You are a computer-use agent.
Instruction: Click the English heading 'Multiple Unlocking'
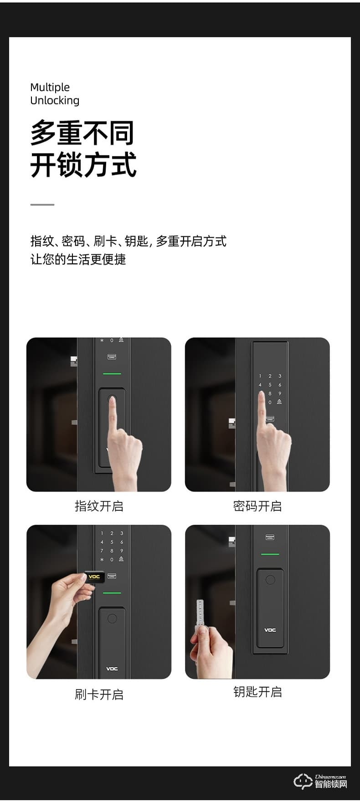55,94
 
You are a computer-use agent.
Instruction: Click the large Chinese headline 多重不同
82,133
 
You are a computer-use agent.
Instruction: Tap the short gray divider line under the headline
42,205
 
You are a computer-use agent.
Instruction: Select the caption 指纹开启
99,506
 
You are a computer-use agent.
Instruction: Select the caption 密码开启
257,506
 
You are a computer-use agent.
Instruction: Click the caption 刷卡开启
99,694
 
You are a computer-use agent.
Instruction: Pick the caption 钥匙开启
257,691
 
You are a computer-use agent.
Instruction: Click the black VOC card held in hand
95,577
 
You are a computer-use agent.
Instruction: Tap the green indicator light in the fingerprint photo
112,374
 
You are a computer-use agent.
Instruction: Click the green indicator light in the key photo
270,554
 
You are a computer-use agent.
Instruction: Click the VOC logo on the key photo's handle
270,630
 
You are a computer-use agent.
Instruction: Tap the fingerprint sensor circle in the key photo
270,579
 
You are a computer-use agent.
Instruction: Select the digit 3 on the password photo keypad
280,376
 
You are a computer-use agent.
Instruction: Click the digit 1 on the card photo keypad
102,533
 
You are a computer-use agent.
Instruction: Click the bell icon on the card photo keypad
121,559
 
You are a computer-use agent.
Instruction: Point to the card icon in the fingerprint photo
112,356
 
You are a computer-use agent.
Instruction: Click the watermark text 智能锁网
331,784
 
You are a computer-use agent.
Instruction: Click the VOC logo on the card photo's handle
112,669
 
